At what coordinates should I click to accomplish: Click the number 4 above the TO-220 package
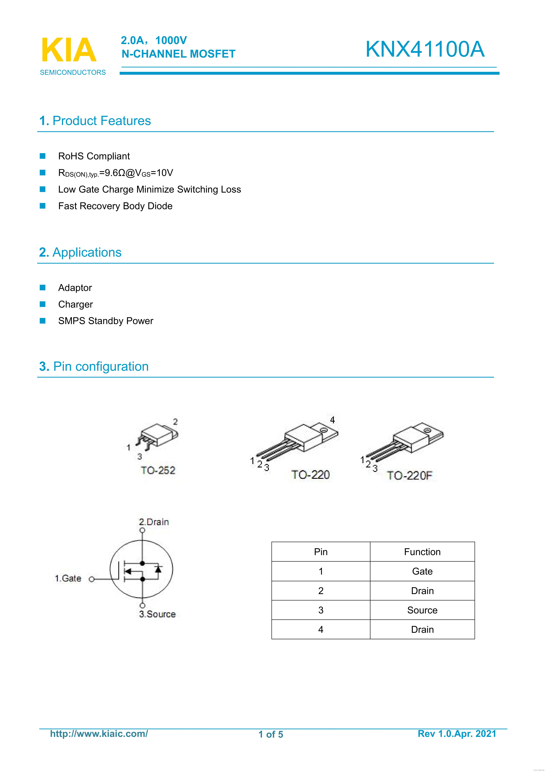click(x=332, y=420)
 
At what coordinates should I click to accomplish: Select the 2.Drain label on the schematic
click(x=154, y=522)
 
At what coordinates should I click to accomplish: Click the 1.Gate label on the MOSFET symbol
click(x=68, y=578)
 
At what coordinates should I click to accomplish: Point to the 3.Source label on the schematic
click(x=157, y=614)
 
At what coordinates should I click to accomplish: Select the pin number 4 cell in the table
click(x=321, y=629)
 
